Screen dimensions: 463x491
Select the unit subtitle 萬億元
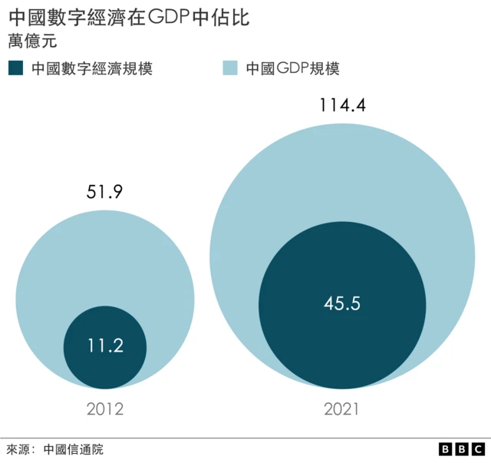click(31, 41)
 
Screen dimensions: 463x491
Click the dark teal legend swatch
click(16, 68)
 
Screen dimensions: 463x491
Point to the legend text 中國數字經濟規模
click(91, 68)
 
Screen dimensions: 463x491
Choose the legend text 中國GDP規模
click(292, 68)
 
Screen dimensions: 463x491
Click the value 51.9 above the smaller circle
click(104, 190)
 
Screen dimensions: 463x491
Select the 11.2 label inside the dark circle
click(104, 346)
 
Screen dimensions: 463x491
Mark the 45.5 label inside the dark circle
click(341, 303)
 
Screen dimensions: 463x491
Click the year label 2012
click(104, 409)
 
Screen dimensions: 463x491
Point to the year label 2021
click(341, 409)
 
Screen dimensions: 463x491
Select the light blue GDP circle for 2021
click(341, 177)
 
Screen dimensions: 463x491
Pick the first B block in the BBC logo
click(446, 449)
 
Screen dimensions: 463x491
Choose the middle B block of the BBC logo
click(462, 449)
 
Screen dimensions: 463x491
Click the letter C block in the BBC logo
click(478, 449)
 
